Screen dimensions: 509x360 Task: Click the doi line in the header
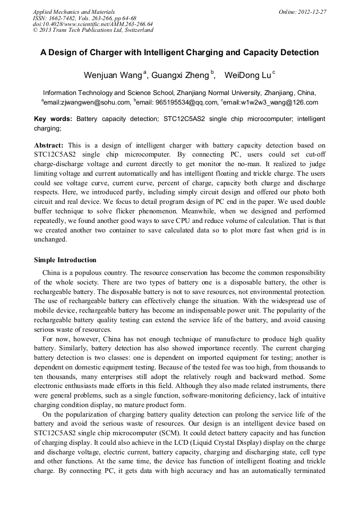(92, 24)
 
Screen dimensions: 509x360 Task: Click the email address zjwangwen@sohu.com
(87, 102)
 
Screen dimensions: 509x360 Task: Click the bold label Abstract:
(49, 145)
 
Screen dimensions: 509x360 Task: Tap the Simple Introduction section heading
(65, 260)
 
